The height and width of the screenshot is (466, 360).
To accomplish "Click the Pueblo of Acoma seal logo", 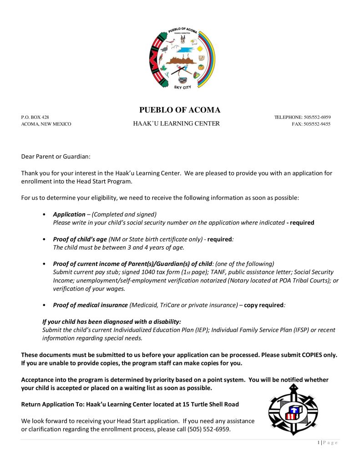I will point(182,59).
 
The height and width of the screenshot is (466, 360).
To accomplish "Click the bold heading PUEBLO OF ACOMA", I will point(179,110).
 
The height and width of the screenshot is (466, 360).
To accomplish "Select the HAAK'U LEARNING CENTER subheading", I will point(176,123).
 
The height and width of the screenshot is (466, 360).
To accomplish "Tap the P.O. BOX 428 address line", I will point(35,117).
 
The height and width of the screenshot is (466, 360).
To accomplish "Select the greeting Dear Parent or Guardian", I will point(56,157).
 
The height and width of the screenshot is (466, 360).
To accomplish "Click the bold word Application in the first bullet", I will point(69,214).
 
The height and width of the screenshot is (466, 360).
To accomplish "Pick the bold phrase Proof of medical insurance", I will point(91,305).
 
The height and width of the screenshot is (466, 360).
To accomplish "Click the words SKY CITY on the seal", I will point(183,87).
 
